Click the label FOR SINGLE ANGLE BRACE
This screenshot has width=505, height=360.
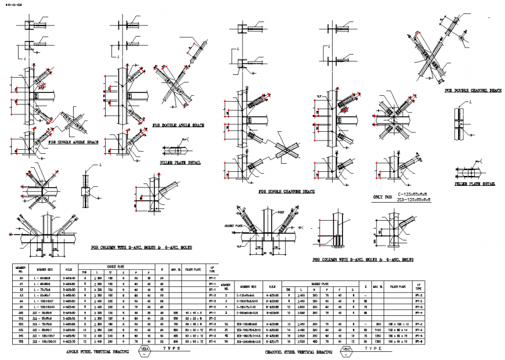[x=74, y=142]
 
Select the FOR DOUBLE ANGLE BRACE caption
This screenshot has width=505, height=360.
[x=178, y=125]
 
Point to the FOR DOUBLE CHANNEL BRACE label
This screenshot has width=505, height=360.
[x=472, y=91]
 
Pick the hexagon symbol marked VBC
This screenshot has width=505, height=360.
[x=347, y=350]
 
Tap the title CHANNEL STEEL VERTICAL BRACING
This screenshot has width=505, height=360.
[x=299, y=351]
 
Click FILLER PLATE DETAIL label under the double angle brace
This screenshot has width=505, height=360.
[x=181, y=163]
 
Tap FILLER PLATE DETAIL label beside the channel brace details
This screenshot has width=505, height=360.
[x=475, y=184]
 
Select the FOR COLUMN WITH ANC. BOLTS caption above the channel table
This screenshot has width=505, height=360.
[x=362, y=260]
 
